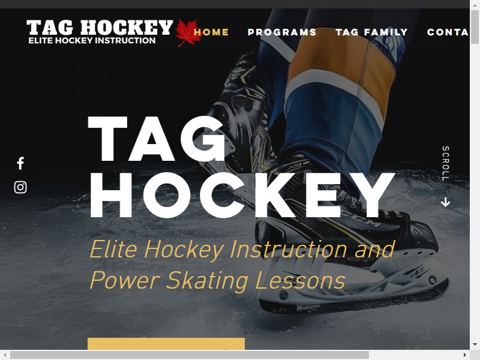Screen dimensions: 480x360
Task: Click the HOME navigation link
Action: pyautogui.click(x=211, y=32)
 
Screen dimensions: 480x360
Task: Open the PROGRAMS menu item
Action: pyautogui.click(x=282, y=32)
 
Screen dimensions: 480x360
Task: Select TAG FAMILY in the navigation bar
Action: pyautogui.click(x=371, y=32)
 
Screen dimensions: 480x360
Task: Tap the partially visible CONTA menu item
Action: pyautogui.click(x=448, y=32)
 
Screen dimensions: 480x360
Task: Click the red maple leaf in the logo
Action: pyautogui.click(x=187, y=33)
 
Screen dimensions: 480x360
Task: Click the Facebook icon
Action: pyautogui.click(x=20, y=163)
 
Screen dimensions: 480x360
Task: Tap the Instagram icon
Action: pyautogui.click(x=20, y=187)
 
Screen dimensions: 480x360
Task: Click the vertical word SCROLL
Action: pyautogui.click(x=446, y=163)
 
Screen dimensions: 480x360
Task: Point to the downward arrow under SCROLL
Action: pyautogui.click(x=445, y=202)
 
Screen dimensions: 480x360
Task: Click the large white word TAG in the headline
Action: pyautogui.click(x=157, y=139)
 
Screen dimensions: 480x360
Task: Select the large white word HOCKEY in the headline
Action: pyautogui.click(x=242, y=196)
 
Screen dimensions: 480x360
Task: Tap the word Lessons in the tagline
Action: pyautogui.click(x=301, y=280)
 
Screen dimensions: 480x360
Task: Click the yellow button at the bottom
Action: pyautogui.click(x=166, y=344)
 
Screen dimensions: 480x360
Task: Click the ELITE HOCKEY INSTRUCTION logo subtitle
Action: pyautogui.click(x=92, y=40)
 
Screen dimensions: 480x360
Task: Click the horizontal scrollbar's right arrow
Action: pyautogui.click(x=465, y=355)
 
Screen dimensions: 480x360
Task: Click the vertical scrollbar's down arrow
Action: pyautogui.click(x=475, y=344)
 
